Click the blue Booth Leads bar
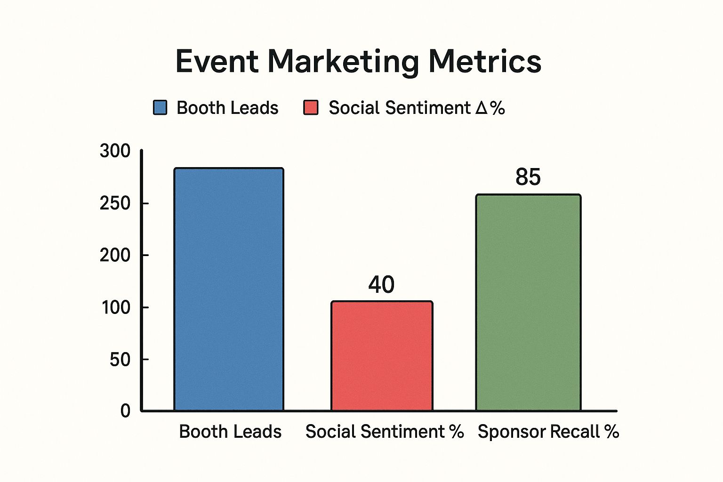pos(229,289)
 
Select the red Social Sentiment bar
pos(382,356)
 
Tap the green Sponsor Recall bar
pos(528,303)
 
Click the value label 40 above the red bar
pos(381,285)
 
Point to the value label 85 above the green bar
pos(528,177)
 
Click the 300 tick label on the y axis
pos(115,151)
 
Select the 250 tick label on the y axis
pos(115,203)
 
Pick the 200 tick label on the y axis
pos(115,255)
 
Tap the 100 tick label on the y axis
pos(116,307)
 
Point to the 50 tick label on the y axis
pos(120,360)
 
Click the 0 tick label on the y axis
pos(125,411)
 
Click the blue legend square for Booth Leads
pos(160,108)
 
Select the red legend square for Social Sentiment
pos(311,108)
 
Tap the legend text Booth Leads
pos(227,108)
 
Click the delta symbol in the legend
pos(481,108)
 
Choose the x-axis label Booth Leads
pos(230,432)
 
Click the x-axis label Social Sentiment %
pos(385,432)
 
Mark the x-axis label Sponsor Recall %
pos(548,432)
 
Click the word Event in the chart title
pos(217,62)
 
